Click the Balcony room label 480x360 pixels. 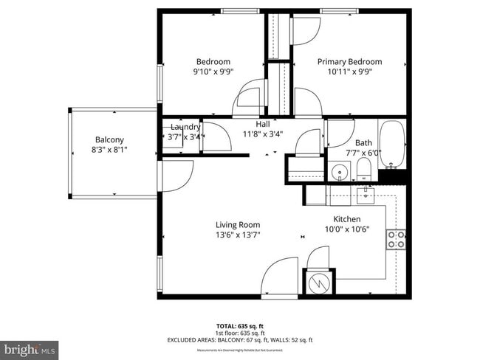pyautogui.click(x=109, y=139)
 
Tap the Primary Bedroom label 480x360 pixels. pyautogui.click(x=349, y=62)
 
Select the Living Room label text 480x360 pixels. pyautogui.click(x=238, y=225)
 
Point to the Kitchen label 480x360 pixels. pyautogui.click(x=346, y=219)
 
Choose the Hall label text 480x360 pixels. pyautogui.click(x=263, y=124)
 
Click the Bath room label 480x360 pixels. pyautogui.click(x=363, y=142)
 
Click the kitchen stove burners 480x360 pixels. pyautogui.click(x=396, y=239)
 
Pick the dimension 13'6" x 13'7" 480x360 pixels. pyautogui.click(x=238, y=235)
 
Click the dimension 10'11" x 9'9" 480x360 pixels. pyautogui.click(x=349, y=72)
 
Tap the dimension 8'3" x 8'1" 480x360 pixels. pyautogui.click(x=109, y=150)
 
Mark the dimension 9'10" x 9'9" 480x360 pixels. pyautogui.click(x=213, y=72)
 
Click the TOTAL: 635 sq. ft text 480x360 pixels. pyautogui.click(x=240, y=325)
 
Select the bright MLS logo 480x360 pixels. pyautogui.click(x=30, y=348)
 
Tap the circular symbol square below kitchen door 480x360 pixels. pyautogui.click(x=319, y=283)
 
